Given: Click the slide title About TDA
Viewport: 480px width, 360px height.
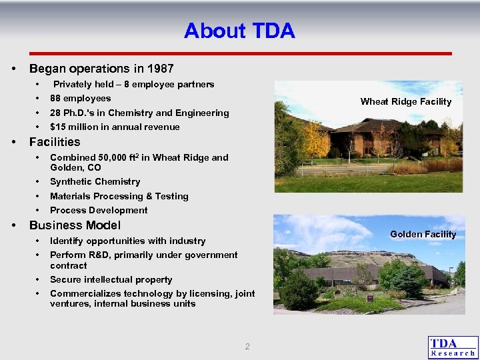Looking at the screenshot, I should (239, 31).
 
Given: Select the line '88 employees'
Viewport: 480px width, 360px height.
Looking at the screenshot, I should (80, 99).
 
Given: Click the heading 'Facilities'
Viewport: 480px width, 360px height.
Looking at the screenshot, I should (55, 142).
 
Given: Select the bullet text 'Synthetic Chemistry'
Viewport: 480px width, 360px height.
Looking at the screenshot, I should (95, 181).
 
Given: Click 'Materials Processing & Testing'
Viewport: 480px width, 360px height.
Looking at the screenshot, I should (119, 196).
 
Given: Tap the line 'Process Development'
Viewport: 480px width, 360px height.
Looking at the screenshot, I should (99, 210).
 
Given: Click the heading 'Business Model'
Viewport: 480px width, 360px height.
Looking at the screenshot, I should (75, 225).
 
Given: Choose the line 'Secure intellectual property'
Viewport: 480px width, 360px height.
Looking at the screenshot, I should (111, 279).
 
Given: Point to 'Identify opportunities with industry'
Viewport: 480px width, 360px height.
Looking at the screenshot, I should (127, 241).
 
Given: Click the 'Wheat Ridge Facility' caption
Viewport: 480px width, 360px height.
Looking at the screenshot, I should (405, 102).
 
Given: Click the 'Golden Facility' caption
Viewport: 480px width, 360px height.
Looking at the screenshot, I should (423, 234).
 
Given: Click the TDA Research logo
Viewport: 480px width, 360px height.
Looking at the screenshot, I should (453, 347).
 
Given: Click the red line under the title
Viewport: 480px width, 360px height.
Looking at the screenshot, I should (240, 53).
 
